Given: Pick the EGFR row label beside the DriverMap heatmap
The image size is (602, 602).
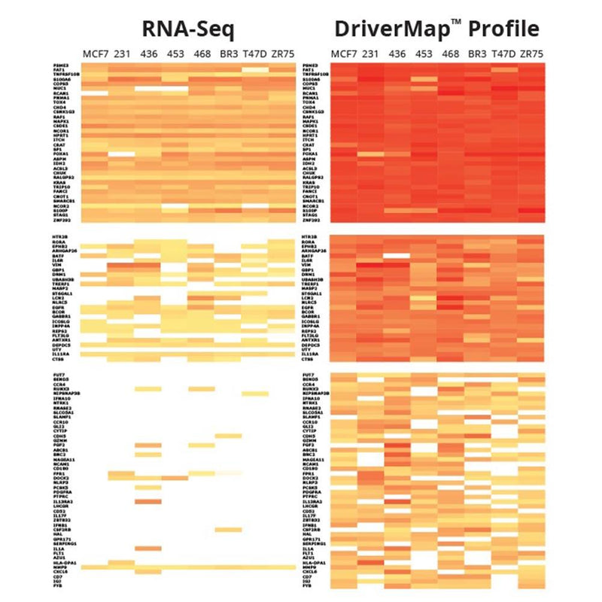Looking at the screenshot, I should [x=308, y=308].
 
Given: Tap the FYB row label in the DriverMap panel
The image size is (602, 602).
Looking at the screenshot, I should [x=307, y=584].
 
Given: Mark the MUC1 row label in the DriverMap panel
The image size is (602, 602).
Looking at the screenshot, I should [x=308, y=88].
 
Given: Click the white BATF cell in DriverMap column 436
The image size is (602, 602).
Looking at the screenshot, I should [x=398, y=256].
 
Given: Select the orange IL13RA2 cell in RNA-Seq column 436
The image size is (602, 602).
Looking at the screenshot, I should [x=147, y=500].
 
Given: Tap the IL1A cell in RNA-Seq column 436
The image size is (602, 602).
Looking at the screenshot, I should [x=147, y=549].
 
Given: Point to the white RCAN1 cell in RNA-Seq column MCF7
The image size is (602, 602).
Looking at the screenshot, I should [x=94, y=93].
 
